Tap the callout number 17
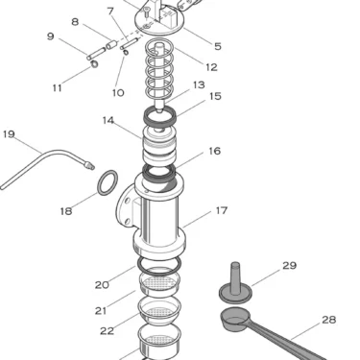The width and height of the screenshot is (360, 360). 221,210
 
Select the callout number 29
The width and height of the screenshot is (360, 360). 289,265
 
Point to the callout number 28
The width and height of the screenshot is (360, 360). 329,320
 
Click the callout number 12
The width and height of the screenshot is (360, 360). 211,67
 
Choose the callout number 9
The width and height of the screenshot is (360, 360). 50,37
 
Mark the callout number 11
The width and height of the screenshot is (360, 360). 58,87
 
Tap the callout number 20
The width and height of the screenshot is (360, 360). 102,284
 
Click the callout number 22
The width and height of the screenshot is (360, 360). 107,330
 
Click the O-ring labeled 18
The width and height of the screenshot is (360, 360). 109,180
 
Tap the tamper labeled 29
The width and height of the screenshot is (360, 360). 234,283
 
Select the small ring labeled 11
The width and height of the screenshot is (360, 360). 94,66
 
